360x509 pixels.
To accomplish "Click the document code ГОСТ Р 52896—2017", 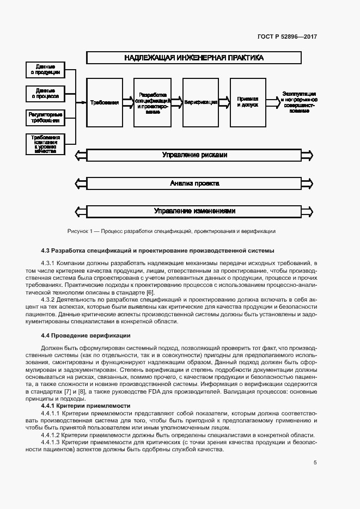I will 287,37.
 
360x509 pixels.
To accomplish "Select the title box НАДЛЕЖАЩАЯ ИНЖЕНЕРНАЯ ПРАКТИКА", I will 193,58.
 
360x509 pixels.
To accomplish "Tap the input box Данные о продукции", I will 46,70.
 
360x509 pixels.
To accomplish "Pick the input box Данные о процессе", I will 46,94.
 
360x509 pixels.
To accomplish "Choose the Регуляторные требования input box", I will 46,118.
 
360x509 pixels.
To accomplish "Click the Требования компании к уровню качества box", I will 46,144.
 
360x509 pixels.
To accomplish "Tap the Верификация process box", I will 200,102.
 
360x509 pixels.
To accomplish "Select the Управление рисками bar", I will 194,156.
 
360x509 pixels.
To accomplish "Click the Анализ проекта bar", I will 194,183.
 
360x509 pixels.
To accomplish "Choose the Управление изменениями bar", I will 194,211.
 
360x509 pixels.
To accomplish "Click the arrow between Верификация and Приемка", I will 224,102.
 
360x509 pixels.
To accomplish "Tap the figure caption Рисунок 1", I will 171,231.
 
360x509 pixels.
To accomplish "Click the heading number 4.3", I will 46,250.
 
